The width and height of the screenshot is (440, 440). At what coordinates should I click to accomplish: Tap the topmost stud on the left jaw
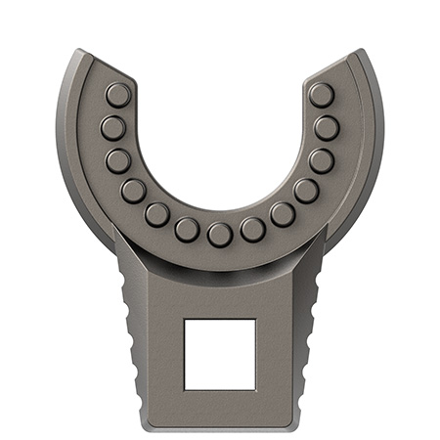[x=117, y=94]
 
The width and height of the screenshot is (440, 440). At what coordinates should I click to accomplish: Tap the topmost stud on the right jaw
[x=321, y=94]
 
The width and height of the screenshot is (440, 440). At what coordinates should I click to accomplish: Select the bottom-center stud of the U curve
[x=219, y=233]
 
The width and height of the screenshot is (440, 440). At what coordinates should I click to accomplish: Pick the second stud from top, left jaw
[x=111, y=127]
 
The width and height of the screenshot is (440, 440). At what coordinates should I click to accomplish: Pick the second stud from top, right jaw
[x=327, y=127]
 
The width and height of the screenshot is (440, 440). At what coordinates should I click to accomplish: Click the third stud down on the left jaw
[x=118, y=160]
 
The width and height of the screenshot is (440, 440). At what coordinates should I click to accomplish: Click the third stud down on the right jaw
[x=321, y=160]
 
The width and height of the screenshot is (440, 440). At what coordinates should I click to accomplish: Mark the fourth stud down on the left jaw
[x=134, y=190]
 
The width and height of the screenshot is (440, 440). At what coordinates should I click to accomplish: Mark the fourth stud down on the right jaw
[x=306, y=190]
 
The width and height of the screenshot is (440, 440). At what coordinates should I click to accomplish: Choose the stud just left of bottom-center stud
[x=187, y=229]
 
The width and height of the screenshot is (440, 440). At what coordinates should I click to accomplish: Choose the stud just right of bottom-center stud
[x=252, y=229]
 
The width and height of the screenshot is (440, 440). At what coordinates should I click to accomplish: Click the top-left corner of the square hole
[x=186, y=319]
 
